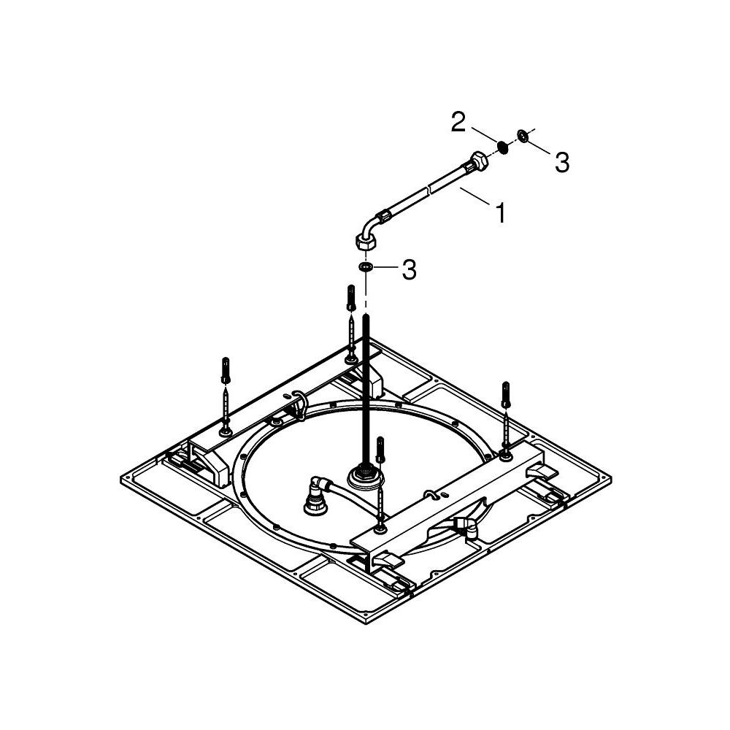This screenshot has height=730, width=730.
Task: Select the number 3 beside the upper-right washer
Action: click(x=561, y=163)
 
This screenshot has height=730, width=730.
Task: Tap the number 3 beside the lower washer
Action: click(x=410, y=271)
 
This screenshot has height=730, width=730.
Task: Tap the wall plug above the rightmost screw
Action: click(x=504, y=395)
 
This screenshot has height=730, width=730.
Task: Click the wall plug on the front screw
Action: click(x=380, y=450)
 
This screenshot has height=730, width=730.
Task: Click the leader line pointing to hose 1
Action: click(x=475, y=196)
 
